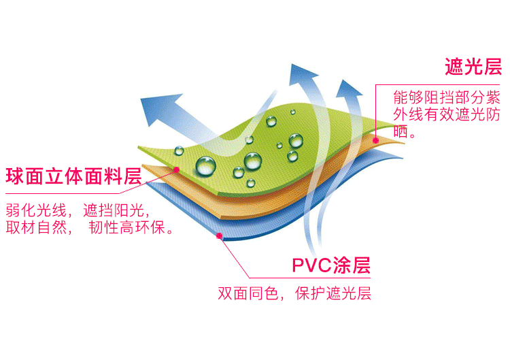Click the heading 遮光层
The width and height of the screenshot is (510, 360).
tap(473, 67)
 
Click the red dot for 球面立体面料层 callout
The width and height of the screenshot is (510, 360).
tap(177, 169)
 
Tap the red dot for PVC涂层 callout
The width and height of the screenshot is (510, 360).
tap(219, 236)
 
